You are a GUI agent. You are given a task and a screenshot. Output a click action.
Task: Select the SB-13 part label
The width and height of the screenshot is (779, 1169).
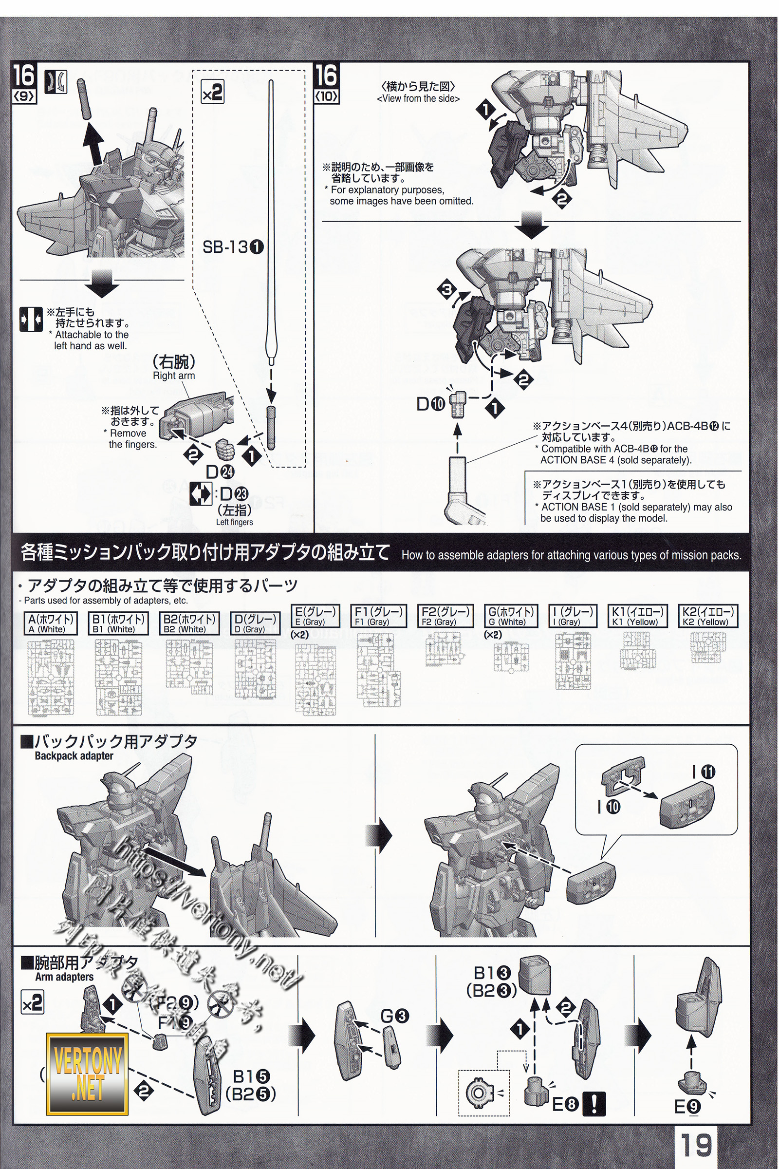233,247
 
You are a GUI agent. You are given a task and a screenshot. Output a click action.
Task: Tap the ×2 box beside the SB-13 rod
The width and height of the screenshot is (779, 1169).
212,93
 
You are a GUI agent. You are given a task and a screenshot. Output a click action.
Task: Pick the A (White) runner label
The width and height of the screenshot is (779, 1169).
51,623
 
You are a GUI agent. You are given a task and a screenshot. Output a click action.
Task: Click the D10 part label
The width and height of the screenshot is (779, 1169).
431,405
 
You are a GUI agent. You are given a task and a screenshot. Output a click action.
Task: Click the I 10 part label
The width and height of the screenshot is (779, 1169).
609,807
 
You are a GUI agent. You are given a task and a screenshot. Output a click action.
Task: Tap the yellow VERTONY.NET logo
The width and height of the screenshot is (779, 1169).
88,1074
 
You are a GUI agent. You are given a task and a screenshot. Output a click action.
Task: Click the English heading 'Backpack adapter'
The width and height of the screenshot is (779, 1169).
74,756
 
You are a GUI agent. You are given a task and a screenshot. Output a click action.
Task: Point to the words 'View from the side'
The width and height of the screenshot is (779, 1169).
418,98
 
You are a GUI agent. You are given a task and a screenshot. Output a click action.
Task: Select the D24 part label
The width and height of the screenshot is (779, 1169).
220,471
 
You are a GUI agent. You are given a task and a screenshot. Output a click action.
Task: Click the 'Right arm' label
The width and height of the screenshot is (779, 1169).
174,376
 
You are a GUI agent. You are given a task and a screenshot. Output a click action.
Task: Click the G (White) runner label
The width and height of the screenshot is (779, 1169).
511,616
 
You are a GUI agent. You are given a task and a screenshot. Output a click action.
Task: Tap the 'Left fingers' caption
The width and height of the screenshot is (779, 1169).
235,522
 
